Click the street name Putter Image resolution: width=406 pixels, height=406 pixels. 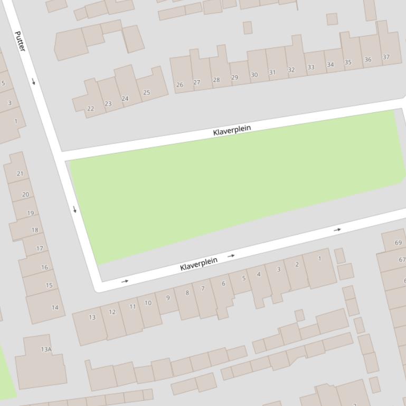[x=20, y=42]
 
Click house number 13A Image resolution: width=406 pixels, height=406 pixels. [x=46, y=349]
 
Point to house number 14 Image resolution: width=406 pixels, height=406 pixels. [x=55, y=307]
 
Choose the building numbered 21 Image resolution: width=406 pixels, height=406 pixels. [x=20, y=173]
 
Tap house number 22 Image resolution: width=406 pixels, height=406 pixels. [x=90, y=109]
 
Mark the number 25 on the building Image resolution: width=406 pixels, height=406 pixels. [x=146, y=92]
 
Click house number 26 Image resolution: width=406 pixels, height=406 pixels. [x=180, y=84]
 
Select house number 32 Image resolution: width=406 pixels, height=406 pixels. [x=291, y=70]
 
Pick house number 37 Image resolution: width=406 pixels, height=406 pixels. [x=386, y=57]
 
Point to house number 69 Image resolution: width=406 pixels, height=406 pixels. [x=398, y=243]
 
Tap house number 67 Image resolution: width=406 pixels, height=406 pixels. [x=402, y=259]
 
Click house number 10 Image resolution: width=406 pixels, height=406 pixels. [x=148, y=303]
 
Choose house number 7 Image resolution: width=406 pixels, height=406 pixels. [x=203, y=288]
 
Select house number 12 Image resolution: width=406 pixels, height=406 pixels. [x=112, y=312]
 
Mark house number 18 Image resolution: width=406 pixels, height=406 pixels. [x=35, y=230]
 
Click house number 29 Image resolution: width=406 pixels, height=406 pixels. [x=234, y=78]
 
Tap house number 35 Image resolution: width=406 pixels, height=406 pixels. [x=348, y=62]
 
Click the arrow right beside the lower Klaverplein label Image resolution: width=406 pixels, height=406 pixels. [x=231, y=256]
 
